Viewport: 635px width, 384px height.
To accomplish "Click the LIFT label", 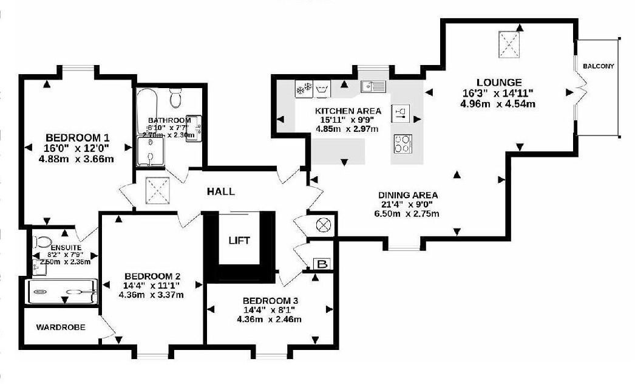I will pyautogui.click(x=239, y=241).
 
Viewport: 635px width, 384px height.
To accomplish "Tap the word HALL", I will pyautogui.click(x=220, y=191).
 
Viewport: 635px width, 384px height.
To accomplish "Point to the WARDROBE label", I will pyautogui.click(x=60, y=327).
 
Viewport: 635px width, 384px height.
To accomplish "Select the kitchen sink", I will pyautogui.click(x=373, y=86).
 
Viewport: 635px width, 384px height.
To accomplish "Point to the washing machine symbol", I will pyautogui.click(x=321, y=89).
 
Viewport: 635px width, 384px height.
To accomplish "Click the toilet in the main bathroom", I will pyautogui.click(x=176, y=98).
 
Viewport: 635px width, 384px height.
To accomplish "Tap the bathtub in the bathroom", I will pyautogui.click(x=147, y=111).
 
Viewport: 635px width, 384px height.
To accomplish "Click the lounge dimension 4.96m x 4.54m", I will pyautogui.click(x=498, y=103).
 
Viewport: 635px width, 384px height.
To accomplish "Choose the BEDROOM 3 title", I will pyautogui.click(x=269, y=301).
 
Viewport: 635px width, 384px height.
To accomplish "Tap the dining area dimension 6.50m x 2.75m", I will pyautogui.click(x=407, y=214).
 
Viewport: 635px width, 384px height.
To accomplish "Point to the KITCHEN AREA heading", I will pyautogui.click(x=348, y=111).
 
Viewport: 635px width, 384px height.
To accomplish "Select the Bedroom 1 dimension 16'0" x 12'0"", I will pyautogui.click(x=76, y=148).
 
